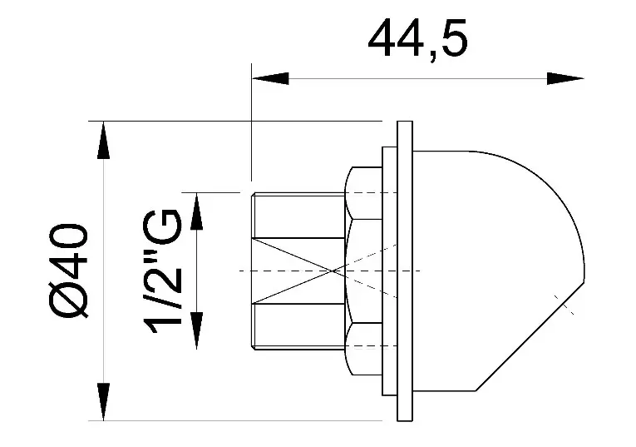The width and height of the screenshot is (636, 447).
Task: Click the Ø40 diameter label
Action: pyautogui.click(x=69, y=271)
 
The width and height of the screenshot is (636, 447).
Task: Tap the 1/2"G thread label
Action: pyautogui.click(x=162, y=271)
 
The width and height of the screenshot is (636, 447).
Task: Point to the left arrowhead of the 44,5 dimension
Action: pyautogui.click(x=270, y=79)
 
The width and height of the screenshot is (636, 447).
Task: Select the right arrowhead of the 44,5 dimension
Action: pyautogui.click(x=565, y=79)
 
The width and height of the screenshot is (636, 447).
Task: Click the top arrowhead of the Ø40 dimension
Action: pyautogui.click(x=103, y=140)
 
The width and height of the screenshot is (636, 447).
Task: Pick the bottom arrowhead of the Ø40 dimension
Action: pyautogui.click(x=103, y=401)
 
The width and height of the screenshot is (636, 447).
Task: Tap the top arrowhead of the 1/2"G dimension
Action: pyautogui.click(x=197, y=211)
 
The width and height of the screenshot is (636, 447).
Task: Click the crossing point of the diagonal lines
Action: pyautogui.click(x=333, y=271)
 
